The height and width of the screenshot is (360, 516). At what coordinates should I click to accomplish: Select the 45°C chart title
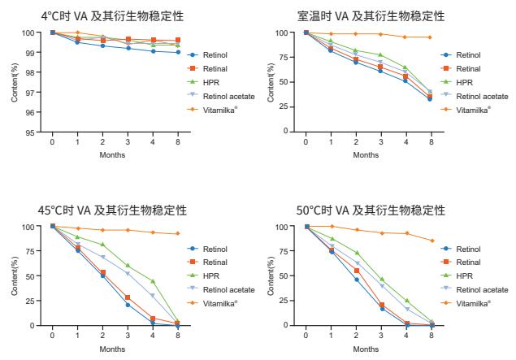(113, 210)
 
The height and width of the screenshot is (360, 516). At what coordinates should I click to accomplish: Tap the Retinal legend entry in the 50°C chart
(468, 262)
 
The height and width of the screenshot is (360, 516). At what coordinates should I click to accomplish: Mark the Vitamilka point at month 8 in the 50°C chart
(431, 241)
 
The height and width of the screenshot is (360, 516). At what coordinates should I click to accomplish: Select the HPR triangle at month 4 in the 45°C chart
(153, 281)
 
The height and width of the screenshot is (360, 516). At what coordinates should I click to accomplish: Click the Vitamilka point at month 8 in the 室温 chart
(431, 37)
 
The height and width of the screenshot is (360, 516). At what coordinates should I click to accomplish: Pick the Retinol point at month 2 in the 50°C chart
(357, 280)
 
